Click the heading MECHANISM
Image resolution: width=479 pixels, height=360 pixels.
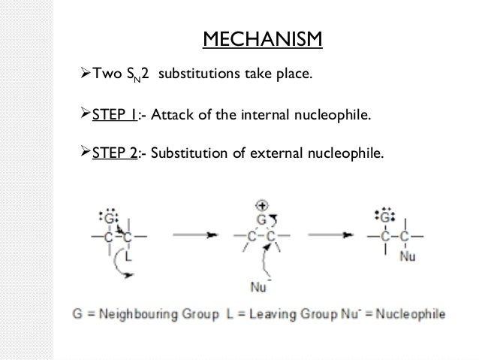[264, 37]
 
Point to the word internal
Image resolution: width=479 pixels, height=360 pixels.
[263, 116]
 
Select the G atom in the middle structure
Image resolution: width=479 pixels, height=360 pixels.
[262, 219]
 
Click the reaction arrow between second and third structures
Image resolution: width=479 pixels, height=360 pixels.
[329, 236]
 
